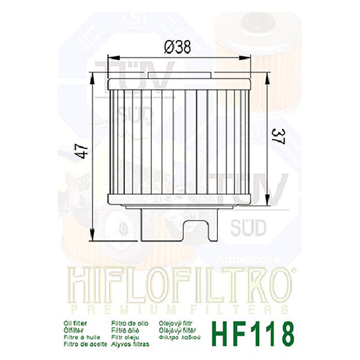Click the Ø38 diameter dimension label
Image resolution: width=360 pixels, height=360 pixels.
(177, 48)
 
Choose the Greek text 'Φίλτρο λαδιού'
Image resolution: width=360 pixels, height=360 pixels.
(179, 337)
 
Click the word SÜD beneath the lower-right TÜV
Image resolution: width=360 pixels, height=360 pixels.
(248, 227)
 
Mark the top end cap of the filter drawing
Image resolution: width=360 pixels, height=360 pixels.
(180, 84)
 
